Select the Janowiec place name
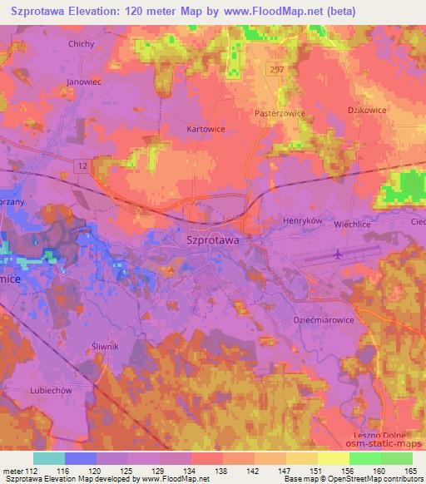pos(83,81)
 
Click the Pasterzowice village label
pos(280,111)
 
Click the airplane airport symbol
pos(337,254)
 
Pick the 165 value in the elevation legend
pos(411,471)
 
